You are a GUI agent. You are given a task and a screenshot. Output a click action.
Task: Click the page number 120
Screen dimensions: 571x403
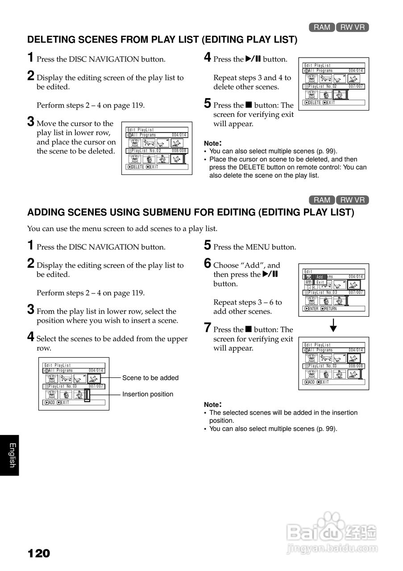click(x=39, y=554)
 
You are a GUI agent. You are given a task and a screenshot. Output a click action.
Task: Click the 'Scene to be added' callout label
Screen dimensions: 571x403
click(x=150, y=378)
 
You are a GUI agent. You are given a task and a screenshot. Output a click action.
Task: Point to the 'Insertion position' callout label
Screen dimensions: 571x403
click(x=148, y=394)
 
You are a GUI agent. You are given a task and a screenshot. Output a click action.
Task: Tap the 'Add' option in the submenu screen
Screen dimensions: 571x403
click(x=320, y=277)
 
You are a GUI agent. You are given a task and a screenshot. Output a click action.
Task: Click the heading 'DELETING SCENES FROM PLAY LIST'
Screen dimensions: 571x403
click(x=162, y=40)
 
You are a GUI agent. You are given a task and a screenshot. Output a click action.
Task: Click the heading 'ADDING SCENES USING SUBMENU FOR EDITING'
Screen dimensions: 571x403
click(x=191, y=212)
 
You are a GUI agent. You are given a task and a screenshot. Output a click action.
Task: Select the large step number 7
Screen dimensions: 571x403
click(x=208, y=328)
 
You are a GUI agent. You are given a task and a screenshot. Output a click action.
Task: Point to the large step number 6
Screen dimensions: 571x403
click(x=208, y=264)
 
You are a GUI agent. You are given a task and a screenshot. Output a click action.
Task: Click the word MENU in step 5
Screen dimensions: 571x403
click(x=258, y=247)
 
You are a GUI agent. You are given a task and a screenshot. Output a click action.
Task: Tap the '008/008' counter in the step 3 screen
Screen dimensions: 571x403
click(x=179, y=151)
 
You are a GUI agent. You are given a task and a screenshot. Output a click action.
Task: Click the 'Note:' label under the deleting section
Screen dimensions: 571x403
click(x=212, y=143)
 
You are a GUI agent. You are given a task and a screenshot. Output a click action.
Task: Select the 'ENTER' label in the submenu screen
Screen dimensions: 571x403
click(x=313, y=309)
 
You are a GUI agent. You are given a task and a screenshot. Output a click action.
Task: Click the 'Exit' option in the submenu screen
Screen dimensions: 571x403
click(x=320, y=282)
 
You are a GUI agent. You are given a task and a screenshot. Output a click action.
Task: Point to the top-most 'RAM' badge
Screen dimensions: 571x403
click(x=322, y=27)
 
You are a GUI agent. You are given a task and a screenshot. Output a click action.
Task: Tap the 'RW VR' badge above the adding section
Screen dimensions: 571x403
click(x=353, y=200)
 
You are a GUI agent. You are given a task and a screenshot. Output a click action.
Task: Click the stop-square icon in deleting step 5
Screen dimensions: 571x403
click(x=249, y=106)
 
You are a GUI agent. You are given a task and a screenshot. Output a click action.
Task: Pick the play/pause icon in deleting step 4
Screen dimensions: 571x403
click(x=253, y=59)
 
